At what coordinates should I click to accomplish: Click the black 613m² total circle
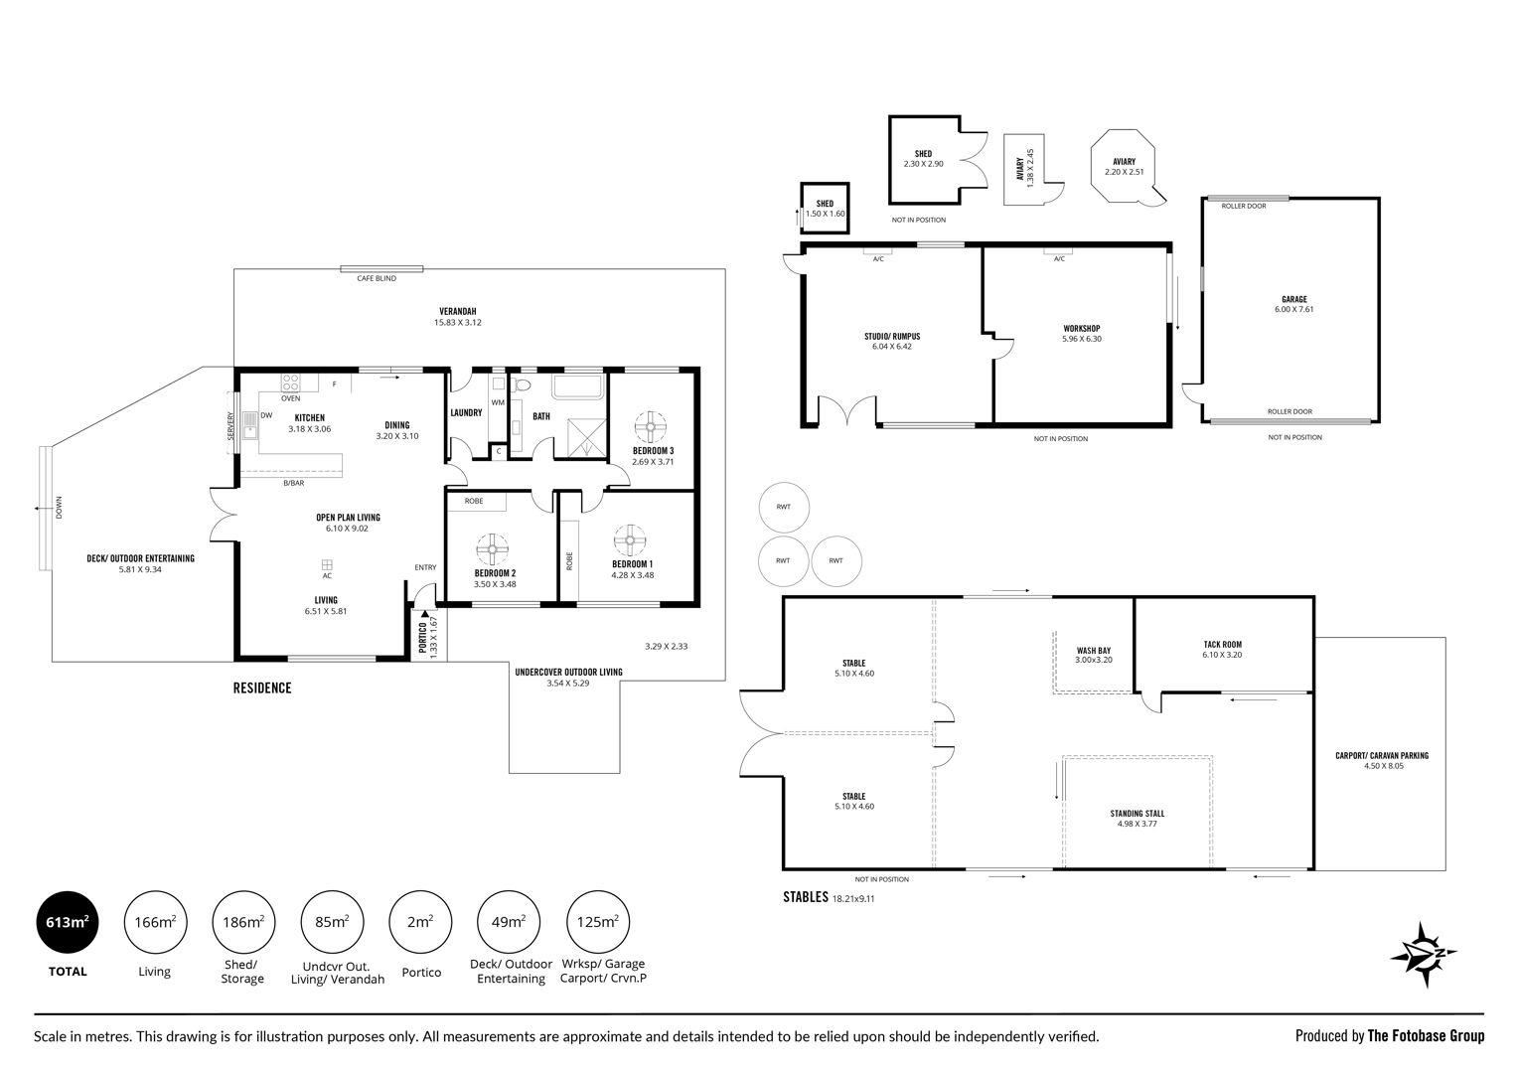click(67, 922)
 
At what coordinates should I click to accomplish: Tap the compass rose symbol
click(1425, 954)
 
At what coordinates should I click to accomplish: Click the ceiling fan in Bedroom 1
click(630, 540)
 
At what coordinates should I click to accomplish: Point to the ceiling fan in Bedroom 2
click(492, 548)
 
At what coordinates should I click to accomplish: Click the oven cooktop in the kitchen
click(290, 383)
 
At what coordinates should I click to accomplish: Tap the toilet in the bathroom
click(522, 385)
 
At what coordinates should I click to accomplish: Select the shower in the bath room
click(586, 439)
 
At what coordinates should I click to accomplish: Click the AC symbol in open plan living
click(327, 565)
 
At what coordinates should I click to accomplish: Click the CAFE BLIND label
click(377, 278)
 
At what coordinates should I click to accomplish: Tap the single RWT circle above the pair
click(784, 508)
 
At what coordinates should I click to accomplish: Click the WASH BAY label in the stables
click(1094, 651)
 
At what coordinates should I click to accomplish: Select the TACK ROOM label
click(1222, 644)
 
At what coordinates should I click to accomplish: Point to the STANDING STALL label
click(1138, 814)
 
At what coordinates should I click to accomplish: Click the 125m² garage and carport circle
click(598, 922)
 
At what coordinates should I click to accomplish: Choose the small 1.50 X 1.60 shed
click(825, 208)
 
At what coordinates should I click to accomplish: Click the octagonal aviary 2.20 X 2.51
click(1125, 167)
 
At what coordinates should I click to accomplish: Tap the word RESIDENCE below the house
click(262, 689)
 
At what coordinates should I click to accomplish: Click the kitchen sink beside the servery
click(250, 425)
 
